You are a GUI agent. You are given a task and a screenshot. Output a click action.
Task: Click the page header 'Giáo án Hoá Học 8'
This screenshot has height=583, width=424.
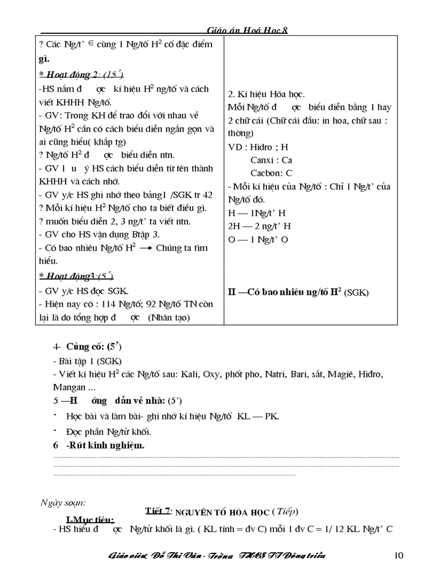247,31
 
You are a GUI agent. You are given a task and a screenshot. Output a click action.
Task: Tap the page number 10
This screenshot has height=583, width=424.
399,555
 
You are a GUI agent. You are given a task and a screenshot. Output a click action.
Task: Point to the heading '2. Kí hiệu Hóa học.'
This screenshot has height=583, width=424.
266,94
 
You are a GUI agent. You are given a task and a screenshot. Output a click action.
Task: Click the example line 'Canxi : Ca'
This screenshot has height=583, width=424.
271,160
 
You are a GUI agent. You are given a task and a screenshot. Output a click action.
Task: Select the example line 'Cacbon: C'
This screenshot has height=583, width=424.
271,173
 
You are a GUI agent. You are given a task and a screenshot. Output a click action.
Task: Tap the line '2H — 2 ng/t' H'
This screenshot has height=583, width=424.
259,226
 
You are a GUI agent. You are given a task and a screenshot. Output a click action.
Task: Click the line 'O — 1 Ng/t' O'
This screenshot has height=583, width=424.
258,239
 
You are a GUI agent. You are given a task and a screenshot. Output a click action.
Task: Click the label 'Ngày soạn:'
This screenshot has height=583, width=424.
63,502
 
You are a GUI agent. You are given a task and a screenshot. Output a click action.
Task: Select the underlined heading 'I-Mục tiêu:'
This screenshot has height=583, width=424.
90,520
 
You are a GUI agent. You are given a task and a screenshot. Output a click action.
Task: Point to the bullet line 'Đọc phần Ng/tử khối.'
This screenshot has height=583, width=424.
109,431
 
